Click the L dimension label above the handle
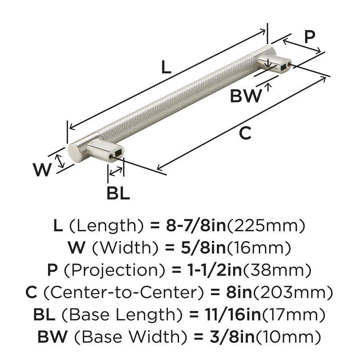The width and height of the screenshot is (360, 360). [166, 67]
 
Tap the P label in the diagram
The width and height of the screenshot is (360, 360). [309, 37]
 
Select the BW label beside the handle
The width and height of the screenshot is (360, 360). [246, 96]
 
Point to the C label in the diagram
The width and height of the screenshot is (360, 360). [244, 133]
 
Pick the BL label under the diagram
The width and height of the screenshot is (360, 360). [118, 193]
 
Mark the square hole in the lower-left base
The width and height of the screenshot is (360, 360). [117, 153]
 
